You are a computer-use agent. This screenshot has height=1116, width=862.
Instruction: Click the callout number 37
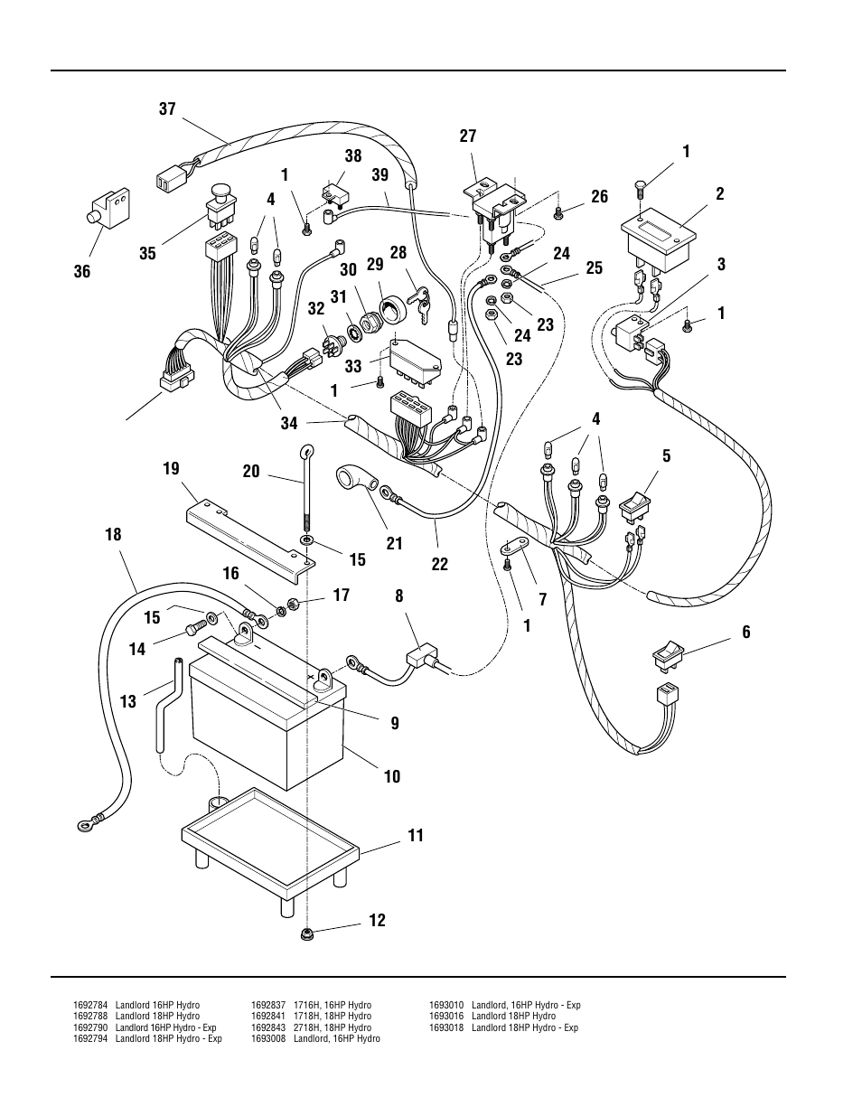[x=167, y=108]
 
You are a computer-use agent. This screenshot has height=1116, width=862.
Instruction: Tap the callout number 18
[x=113, y=535]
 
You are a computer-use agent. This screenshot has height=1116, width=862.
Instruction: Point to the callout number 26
[x=599, y=197]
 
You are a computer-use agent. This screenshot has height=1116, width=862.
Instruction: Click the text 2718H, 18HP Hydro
[x=333, y=1027]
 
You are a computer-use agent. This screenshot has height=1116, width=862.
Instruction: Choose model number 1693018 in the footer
[x=446, y=1027]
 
